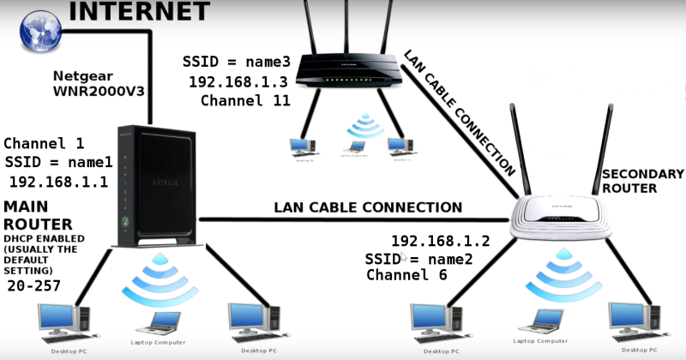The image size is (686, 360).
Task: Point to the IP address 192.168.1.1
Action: pyautogui.click(x=58, y=181)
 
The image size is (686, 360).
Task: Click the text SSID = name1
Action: pyautogui.click(x=58, y=162)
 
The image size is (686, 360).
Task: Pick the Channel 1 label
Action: pyautogui.click(x=44, y=143)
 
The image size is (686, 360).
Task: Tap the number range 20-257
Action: pyautogui.click(x=34, y=285)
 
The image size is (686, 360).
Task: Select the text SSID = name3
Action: pyautogui.click(x=237, y=62)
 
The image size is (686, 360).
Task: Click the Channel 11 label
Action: pyautogui.click(x=245, y=100)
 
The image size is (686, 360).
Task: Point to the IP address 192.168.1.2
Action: pyautogui.click(x=440, y=240)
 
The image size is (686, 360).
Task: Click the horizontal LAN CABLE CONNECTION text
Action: pyautogui.click(x=368, y=207)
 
